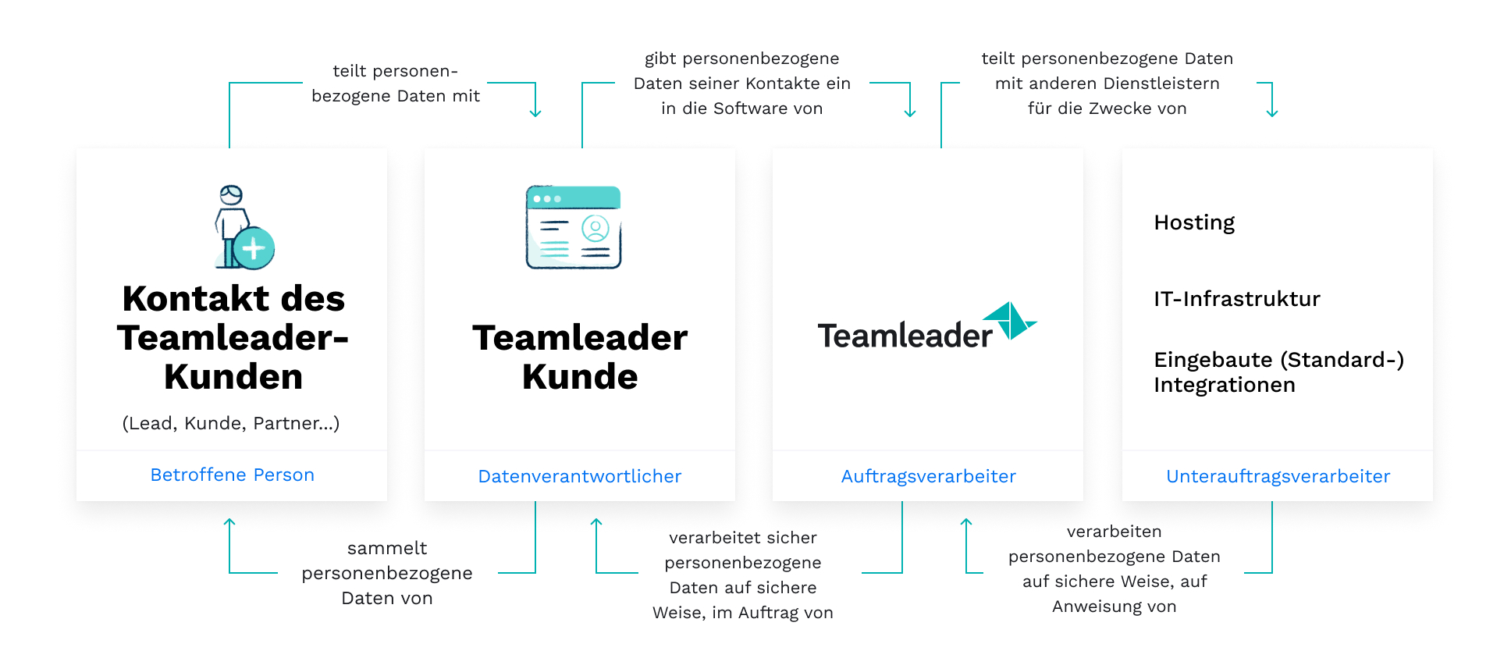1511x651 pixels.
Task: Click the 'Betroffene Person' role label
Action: click(232, 475)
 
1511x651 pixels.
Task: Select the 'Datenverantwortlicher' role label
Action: click(580, 476)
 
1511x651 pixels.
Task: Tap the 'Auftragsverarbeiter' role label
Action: click(929, 476)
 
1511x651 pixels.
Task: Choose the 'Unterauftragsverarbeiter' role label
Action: click(1278, 476)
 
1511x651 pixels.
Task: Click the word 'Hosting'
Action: click(1194, 223)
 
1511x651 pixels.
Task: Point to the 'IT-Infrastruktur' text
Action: click(1237, 299)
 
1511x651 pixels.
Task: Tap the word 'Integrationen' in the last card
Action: click(1225, 385)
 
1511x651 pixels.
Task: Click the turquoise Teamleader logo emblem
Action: click(1010, 320)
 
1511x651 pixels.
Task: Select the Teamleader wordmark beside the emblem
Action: click(905, 336)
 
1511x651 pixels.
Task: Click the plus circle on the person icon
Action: click(254, 248)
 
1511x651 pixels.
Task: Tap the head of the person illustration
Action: click(231, 195)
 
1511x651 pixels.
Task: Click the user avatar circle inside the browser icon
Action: click(596, 229)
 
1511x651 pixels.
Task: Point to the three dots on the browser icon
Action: click(547, 199)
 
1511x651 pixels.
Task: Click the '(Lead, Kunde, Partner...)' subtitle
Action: click(231, 423)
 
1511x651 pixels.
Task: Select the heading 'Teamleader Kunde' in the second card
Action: click(580, 357)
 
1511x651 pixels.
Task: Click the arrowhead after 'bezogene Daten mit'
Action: click(535, 113)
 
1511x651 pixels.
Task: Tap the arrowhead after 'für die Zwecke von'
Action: click(1272, 113)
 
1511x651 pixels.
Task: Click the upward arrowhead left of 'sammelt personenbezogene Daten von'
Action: click(229, 522)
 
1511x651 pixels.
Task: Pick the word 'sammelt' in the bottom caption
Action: click(387, 548)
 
